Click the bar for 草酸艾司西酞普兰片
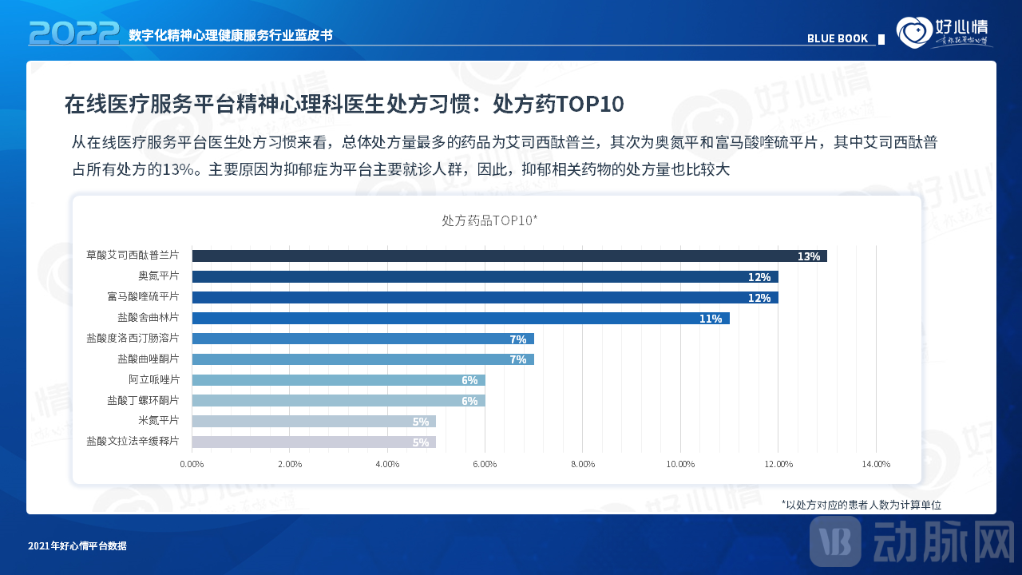509,256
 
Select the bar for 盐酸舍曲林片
460,318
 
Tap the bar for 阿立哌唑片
338,379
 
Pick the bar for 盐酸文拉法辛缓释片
313,442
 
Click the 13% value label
808,256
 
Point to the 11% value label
711,319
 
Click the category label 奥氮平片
158,276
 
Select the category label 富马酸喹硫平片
143,297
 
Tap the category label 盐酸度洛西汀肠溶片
133,339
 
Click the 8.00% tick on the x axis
583,464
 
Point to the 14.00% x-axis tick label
876,464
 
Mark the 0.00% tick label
192,464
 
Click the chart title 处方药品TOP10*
489,220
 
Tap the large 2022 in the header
73,33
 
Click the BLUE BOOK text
838,38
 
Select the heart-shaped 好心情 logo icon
913,33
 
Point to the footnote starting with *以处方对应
862,505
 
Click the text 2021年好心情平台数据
77,546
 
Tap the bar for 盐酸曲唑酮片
362,359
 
